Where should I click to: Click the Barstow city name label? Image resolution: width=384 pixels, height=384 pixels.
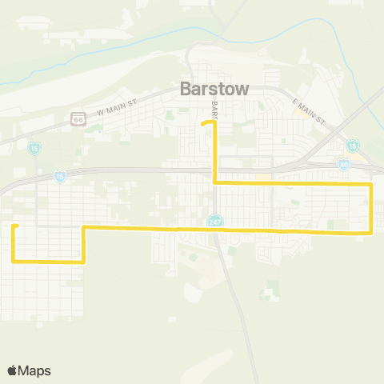[x=214, y=90]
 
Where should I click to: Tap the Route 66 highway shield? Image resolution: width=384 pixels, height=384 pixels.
[x=78, y=118]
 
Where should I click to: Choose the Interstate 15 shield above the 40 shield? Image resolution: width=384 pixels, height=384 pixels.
[x=352, y=145]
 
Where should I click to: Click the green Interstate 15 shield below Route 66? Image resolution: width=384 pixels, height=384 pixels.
[x=33, y=149]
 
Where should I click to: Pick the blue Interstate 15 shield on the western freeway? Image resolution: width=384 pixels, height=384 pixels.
[x=60, y=175]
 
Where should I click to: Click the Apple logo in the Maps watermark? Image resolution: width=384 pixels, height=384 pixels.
[x=13, y=370]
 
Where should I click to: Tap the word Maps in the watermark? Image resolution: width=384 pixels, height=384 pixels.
[x=34, y=370]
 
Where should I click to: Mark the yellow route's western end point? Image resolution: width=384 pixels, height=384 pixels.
[x=14, y=226]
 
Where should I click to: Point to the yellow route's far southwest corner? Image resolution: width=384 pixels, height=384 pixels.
[x=14, y=261]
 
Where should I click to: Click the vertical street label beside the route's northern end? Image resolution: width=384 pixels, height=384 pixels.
[x=214, y=106]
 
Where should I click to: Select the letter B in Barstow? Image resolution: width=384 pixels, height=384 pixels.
[x=186, y=90]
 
